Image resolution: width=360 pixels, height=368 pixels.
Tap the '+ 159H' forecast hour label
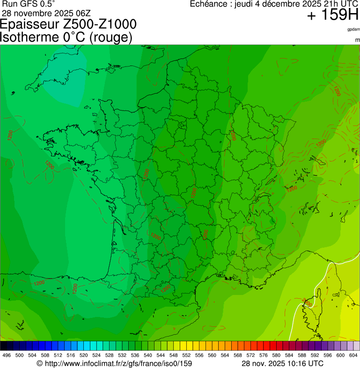tap(332, 16)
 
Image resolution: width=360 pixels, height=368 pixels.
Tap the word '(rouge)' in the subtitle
tap(111, 37)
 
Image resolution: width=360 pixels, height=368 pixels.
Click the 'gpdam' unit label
tap(353, 29)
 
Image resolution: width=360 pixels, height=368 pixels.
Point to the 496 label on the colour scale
tap(7, 356)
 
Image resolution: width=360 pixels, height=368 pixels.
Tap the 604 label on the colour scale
tap(353, 356)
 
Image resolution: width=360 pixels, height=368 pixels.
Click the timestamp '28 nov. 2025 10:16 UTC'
tap(282, 363)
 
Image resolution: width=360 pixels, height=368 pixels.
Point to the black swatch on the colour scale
tap(4, 346)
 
